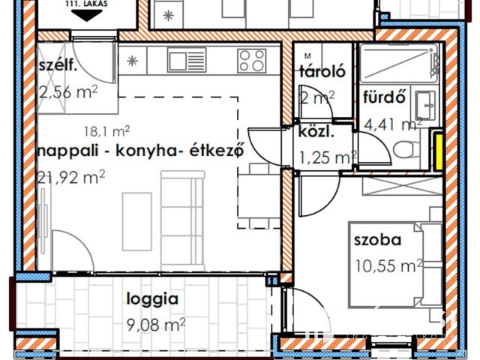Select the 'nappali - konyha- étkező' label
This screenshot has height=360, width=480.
(x=142, y=150)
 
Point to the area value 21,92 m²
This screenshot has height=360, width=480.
(x=71, y=177)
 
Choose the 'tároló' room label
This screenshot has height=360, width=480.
(x=322, y=73)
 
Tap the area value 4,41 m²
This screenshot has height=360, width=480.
(x=392, y=123)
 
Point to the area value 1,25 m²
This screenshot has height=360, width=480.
(x=328, y=157)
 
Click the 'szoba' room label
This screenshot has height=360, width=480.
(x=379, y=241)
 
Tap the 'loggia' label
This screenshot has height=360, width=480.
(x=151, y=298)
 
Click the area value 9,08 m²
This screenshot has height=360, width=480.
(x=154, y=324)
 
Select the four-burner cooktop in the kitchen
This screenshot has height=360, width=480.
(x=251, y=59)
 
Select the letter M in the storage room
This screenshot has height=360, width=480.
(x=307, y=56)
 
